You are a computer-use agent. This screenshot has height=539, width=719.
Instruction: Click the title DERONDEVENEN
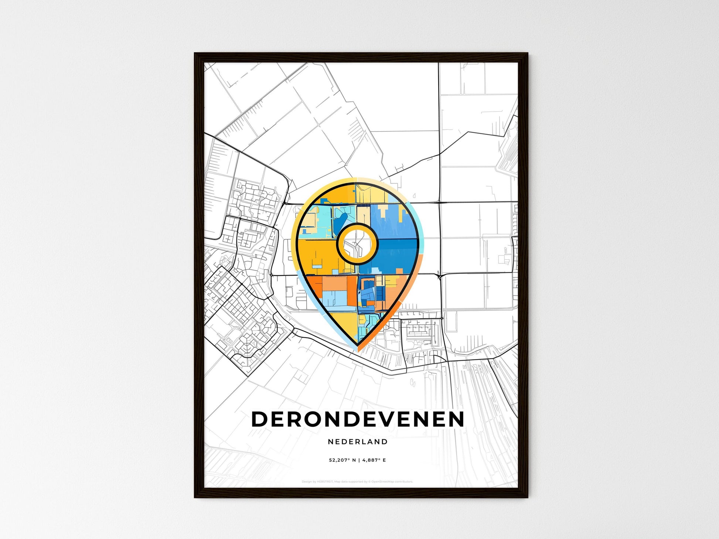click(358, 419)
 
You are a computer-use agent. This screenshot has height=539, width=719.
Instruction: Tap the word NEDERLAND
click(358, 441)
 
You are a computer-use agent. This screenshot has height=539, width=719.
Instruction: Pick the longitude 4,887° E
click(374, 460)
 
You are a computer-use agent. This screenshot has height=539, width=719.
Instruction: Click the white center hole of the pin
click(357, 244)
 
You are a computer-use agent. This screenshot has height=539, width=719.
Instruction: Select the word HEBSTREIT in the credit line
click(325, 482)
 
